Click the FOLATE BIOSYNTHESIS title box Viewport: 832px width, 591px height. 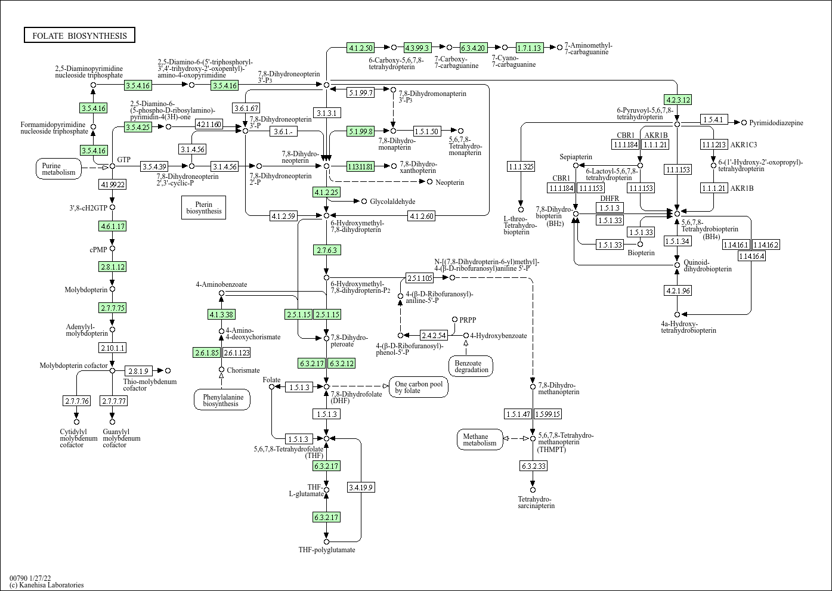[79, 36]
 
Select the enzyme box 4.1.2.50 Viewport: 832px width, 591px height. [361, 48]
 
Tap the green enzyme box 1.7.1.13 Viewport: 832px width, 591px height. [529, 48]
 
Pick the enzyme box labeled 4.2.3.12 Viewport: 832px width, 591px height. [677, 100]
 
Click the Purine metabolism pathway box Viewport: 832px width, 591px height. [59, 169]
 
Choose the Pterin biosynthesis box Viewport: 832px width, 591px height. [203, 207]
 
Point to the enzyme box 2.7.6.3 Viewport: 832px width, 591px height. [327, 250]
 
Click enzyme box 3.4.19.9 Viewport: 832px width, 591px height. [361, 487]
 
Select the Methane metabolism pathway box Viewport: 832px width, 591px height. [480, 440]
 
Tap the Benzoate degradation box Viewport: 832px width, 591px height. [471, 366]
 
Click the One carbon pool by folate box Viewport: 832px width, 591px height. [419, 387]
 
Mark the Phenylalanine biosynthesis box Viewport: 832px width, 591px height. [221, 400]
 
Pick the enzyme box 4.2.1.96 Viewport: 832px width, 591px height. [677, 290]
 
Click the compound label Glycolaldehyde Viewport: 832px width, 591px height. [392, 202]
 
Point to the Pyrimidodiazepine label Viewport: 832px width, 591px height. [776, 123]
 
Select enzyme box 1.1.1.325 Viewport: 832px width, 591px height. [521, 167]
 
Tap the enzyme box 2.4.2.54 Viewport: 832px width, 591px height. [434, 335]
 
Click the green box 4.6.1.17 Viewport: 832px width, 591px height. [112, 226]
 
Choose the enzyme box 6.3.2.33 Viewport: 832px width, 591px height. [533, 466]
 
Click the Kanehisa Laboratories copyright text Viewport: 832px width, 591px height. [47, 585]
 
